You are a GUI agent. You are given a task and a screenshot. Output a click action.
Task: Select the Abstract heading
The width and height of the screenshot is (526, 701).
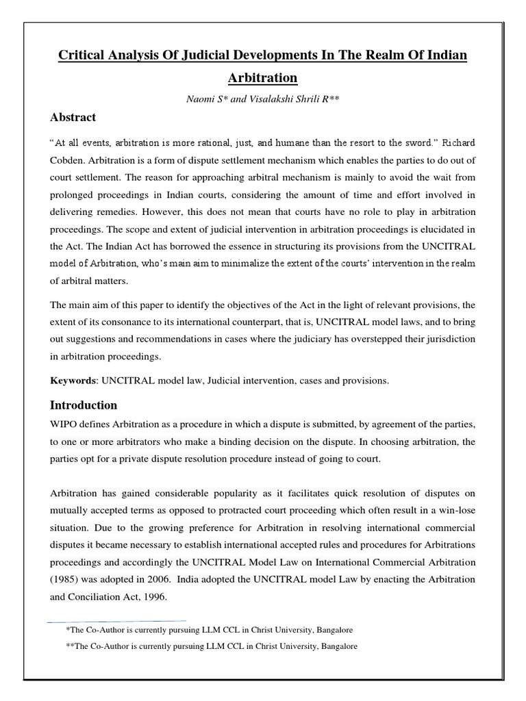coord(73,117)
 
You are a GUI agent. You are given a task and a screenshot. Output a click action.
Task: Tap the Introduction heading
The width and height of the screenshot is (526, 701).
coord(84,405)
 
